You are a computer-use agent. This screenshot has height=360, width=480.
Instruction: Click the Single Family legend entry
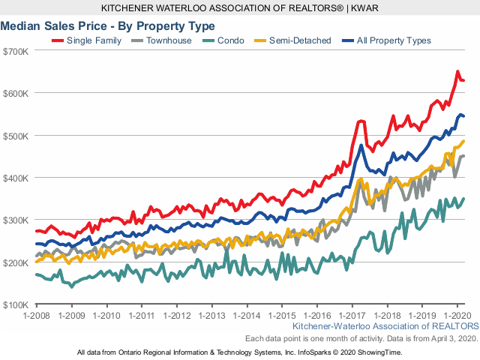click(x=89, y=40)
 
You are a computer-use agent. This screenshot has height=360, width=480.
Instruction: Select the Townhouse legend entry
click(x=166, y=40)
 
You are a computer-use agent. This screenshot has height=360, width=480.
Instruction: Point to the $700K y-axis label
click(x=16, y=51)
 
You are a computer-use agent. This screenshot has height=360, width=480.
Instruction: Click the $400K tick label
click(x=16, y=178)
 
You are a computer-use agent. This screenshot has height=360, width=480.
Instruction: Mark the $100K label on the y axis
click(x=16, y=304)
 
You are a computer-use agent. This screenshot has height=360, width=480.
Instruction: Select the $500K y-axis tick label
click(x=16, y=136)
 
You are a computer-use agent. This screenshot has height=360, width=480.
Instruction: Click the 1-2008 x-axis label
click(x=37, y=316)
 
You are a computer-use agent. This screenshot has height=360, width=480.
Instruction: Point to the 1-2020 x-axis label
click(x=457, y=316)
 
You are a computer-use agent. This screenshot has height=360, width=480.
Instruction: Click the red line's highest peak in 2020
click(x=457, y=72)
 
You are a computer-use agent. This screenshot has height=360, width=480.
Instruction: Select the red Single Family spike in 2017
click(x=361, y=121)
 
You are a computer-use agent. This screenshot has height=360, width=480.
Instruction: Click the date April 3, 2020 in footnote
click(x=452, y=339)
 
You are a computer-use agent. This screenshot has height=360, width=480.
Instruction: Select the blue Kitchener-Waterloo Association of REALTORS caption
click(x=385, y=328)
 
